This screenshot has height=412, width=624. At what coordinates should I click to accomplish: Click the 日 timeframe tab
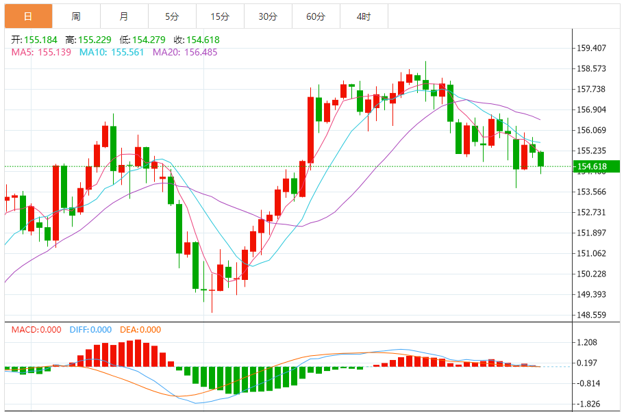coord(28,16)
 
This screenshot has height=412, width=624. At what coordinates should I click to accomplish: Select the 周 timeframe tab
coord(75,16)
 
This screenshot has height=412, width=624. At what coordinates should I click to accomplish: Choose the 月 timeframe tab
coord(123,16)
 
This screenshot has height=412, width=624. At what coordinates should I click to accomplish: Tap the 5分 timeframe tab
coord(171,16)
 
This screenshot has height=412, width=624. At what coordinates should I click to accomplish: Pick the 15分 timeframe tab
coord(219,16)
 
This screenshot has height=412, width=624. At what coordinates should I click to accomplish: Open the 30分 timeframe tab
coord(268,16)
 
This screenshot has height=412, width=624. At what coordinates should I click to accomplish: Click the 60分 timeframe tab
coord(316,16)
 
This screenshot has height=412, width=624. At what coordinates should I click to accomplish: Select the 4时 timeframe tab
coord(364,16)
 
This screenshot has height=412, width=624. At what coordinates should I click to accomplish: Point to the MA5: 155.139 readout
coord(41,52)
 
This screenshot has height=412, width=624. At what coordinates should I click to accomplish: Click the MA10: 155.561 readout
coord(112,52)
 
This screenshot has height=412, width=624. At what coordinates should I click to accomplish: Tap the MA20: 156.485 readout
coord(184,52)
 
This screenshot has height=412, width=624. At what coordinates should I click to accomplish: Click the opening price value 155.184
coord(40,40)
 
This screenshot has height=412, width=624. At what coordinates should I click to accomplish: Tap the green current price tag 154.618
coord(595,166)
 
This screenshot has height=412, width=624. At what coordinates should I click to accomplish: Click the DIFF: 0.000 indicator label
coord(90,330)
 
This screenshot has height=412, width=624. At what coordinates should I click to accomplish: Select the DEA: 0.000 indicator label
coord(140,330)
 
